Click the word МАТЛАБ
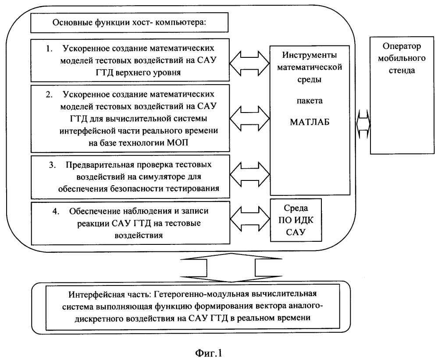(310, 122)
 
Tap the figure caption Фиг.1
(208, 353)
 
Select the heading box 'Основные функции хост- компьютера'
(129, 22)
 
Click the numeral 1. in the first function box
(50, 49)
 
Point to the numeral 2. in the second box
(50, 95)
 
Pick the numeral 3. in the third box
(53, 165)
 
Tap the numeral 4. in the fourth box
(56, 211)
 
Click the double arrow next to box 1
(250, 63)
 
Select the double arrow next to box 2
(250, 118)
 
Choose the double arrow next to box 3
(250, 174)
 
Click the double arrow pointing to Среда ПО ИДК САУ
(250, 219)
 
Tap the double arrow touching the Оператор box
(363, 124)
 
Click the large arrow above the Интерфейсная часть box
(231, 268)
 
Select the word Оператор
(402, 46)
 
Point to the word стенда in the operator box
(402, 71)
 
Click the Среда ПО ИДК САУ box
(296, 220)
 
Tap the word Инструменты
(309, 55)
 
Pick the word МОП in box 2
(178, 143)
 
